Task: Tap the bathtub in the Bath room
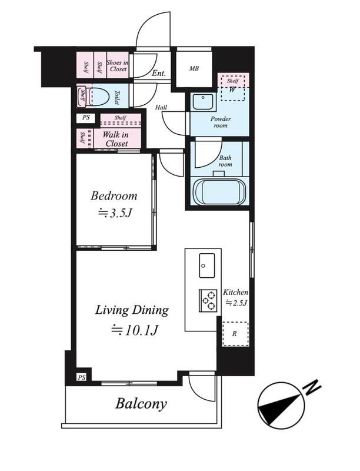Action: tap(220, 192)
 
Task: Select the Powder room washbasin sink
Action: tap(203, 101)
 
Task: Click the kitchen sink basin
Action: tap(206, 266)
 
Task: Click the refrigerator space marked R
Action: tap(235, 334)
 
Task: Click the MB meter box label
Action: tap(194, 68)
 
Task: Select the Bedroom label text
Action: tap(114, 196)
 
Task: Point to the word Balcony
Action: tap(141, 403)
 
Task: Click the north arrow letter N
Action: tap(312, 388)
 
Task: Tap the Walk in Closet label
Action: tap(116, 139)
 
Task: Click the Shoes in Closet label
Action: tap(118, 65)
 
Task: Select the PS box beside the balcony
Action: tap(81, 377)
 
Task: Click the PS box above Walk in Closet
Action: tap(86, 117)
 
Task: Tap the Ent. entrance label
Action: tap(159, 73)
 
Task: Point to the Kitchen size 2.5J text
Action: tap(236, 303)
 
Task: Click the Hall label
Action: tap(161, 107)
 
